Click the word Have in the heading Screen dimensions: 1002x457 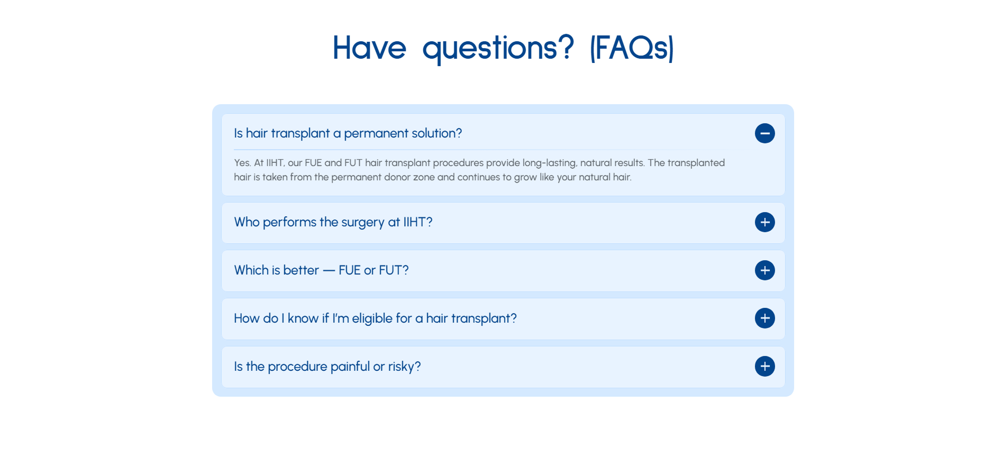[369, 48]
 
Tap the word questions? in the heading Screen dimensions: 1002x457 [498, 49]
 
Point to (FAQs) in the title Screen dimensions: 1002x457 [632, 48]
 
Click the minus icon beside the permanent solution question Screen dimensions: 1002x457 [764, 133]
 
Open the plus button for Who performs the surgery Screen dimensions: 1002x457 [764, 222]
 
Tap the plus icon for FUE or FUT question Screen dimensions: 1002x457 [764, 270]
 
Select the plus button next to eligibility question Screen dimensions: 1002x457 [764, 318]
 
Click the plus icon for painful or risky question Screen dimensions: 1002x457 [764, 367]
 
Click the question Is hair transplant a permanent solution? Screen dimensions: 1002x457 [348, 133]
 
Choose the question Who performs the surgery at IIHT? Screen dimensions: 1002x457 [333, 222]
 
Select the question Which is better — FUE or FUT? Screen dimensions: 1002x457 [322, 270]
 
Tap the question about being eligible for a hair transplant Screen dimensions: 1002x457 [375, 318]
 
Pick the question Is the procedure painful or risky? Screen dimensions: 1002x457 [327, 367]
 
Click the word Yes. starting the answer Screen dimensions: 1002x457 [242, 163]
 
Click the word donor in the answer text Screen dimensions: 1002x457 [397, 177]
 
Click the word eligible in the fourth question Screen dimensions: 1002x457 [372, 318]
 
